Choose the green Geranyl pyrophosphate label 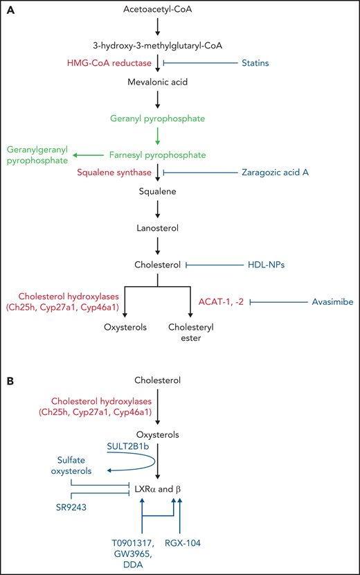click(158, 118)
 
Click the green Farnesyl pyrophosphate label click(158, 154)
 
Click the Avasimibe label click(323, 302)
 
